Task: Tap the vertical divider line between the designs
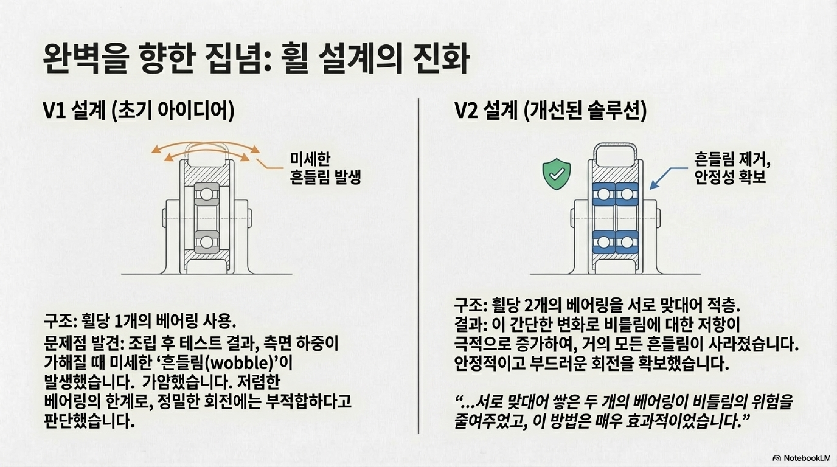click(x=418, y=266)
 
